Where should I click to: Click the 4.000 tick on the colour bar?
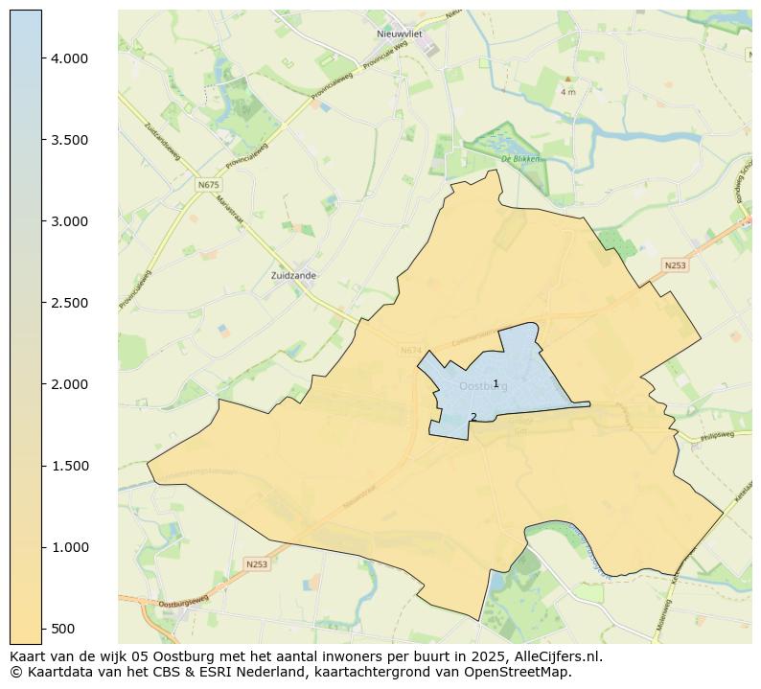pyautogui.click(x=69, y=58)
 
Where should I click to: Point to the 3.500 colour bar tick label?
pyautogui.click(x=69, y=140)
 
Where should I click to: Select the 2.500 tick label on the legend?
pyautogui.click(x=69, y=303)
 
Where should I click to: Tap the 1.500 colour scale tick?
pyautogui.click(x=69, y=466)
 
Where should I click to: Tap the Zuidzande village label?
pyautogui.click(x=293, y=275)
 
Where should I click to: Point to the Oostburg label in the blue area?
pyautogui.click(x=483, y=386)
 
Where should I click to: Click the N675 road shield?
pyautogui.click(x=208, y=184)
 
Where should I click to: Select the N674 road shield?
pyautogui.click(x=411, y=351)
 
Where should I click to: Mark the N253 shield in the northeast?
pyautogui.click(x=675, y=265)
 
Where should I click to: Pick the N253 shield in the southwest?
pyautogui.click(x=256, y=564)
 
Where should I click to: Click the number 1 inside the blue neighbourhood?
pyautogui.click(x=496, y=383)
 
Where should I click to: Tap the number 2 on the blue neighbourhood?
pyautogui.click(x=473, y=417)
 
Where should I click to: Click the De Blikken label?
pyautogui.click(x=520, y=159)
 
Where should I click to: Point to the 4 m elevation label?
pyautogui.click(x=567, y=92)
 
